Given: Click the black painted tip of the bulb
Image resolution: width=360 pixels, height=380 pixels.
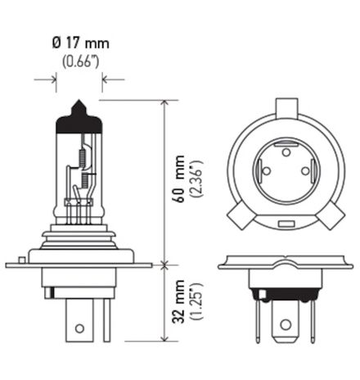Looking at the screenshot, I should coord(79,114).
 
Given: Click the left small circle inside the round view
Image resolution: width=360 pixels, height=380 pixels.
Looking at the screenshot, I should coord(265,170).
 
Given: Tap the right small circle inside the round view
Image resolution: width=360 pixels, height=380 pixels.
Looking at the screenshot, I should coord(305,170).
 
